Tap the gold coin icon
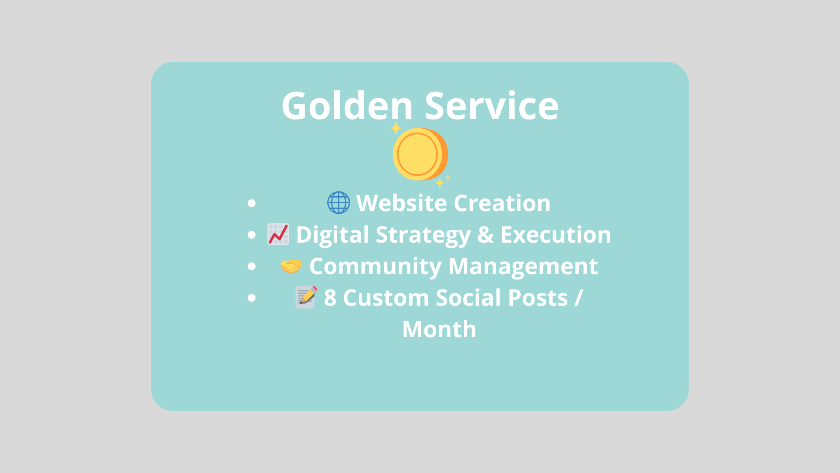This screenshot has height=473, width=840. (419, 154)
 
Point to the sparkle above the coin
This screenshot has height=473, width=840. (395, 128)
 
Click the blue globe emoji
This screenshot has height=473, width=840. (339, 203)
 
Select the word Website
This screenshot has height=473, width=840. (401, 203)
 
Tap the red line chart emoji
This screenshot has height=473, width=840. (278, 234)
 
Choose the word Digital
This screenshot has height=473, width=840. (332, 235)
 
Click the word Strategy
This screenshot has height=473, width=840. (423, 235)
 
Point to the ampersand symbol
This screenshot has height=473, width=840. (485, 235)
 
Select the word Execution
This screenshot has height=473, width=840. (556, 235)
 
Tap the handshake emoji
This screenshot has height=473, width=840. (291, 266)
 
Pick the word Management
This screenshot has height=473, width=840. (523, 266)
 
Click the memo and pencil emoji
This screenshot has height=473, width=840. (306, 297)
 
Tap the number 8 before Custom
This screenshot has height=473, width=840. (330, 298)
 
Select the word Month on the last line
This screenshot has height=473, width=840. (439, 329)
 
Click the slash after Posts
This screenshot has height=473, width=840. (578, 298)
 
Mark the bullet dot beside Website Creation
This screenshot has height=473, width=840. (251, 203)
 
